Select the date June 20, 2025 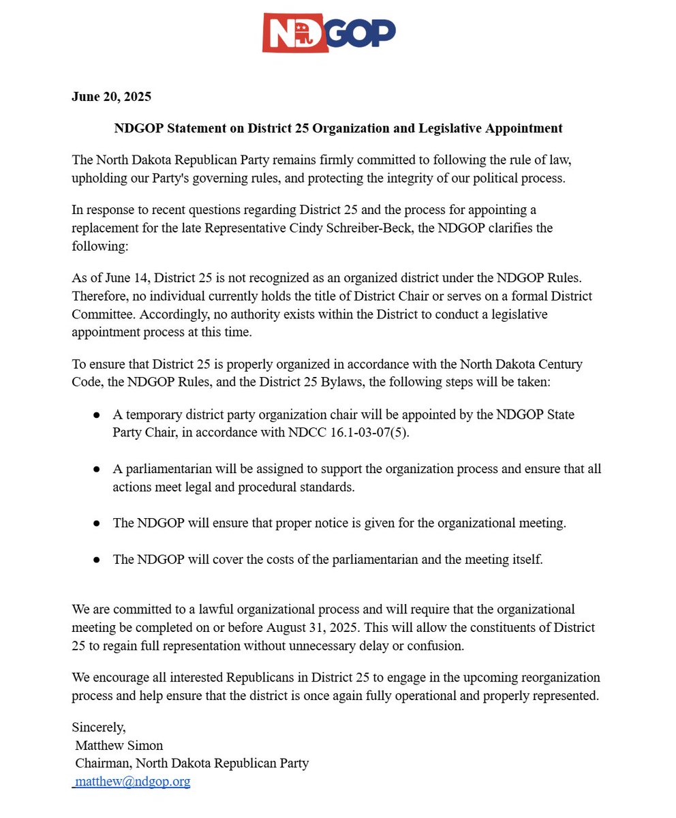pyautogui.click(x=111, y=96)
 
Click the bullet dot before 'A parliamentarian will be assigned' pyautogui.click(x=97, y=470)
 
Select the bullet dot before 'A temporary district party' pyautogui.click(x=97, y=415)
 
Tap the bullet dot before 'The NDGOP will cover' pyautogui.click(x=97, y=560)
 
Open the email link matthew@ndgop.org pyautogui.click(x=132, y=782)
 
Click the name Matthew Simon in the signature pyautogui.click(x=119, y=745)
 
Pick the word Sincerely pyautogui.click(x=99, y=727)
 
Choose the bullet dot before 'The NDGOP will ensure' pyautogui.click(x=97, y=524)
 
